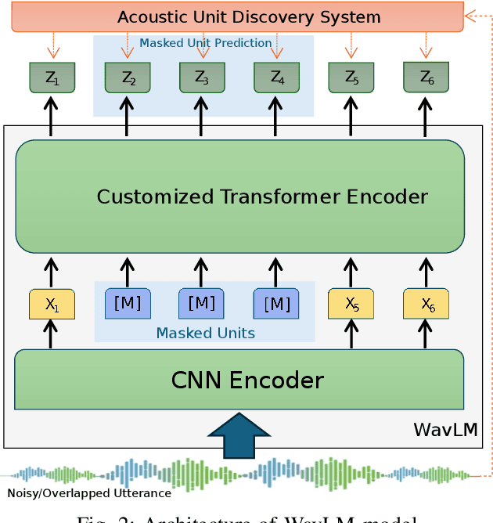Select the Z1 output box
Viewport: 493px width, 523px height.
click(52, 78)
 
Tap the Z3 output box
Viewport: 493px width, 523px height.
click(202, 78)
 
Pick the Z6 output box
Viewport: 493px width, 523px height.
click(426, 78)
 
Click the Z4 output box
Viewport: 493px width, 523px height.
click(276, 78)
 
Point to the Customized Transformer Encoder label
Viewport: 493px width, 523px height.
click(262, 196)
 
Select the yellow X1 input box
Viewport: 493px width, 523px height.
click(52, 304)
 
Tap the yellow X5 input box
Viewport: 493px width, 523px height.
click(351, 304)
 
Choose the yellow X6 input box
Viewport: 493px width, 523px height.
click(426, 304)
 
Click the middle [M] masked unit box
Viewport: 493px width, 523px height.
click(202, 303)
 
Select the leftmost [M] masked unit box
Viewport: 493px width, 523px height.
click(128, 303)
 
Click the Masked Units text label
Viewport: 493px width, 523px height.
click(205, 334)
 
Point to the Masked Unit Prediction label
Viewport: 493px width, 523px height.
click(205, 43)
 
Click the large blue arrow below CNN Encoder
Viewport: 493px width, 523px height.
click(239, 435)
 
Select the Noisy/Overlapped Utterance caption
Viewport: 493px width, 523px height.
click(89, 493)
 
